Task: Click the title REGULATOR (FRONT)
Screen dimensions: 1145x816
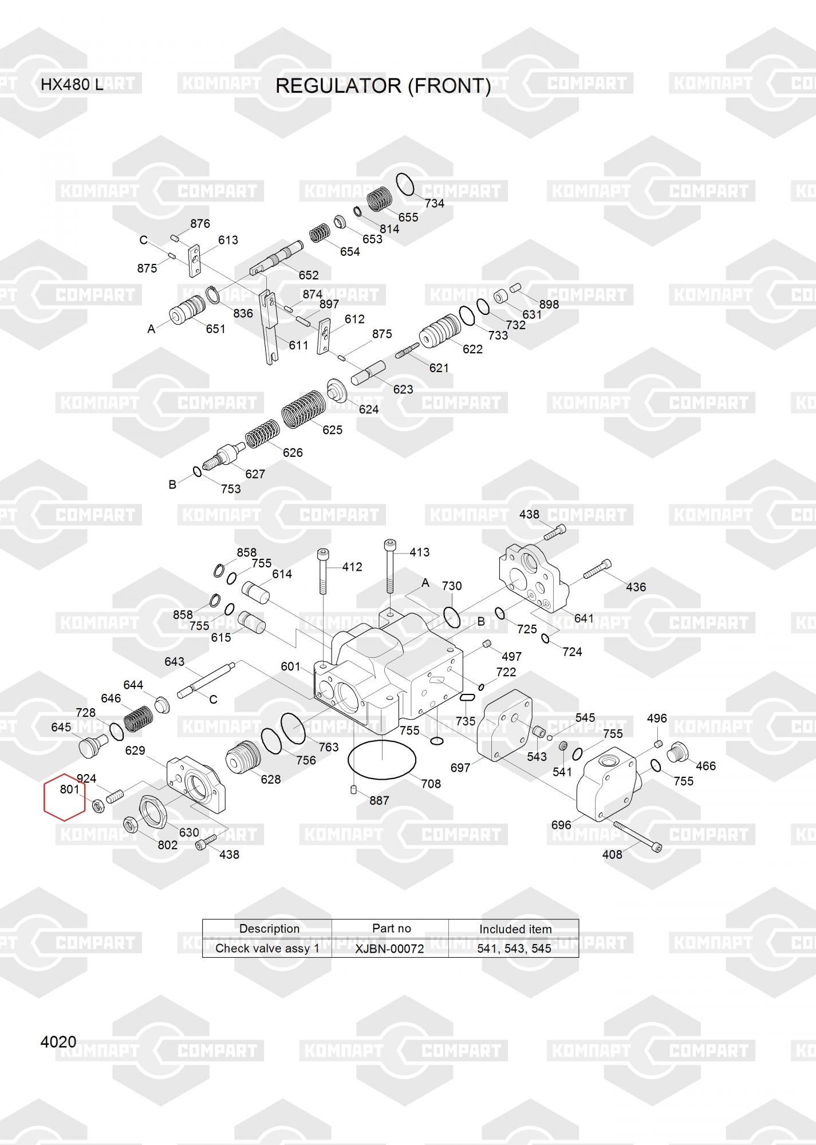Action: (x=383, y=86)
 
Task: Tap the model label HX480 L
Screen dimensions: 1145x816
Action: (x=72, y=85)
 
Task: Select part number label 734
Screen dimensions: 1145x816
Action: (x=434, y=203)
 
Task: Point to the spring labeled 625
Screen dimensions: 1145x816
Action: (x=303, y=409)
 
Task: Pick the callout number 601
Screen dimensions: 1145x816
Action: (x=290, y=666)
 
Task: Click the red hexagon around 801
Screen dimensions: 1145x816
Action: (x=65, y=796)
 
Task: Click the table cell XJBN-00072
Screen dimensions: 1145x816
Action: (x=389, y=949)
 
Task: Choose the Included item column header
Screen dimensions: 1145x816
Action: (x=515, y=929)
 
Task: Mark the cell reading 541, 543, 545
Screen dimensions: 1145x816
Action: (x=514, y=949)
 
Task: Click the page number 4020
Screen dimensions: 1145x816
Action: (x=58, y=1042)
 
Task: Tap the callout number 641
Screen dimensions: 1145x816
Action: (x=584, y=618)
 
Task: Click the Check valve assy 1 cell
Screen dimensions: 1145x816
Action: (x=267, y=949)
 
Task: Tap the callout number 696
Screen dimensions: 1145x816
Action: (x=561, y=824)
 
